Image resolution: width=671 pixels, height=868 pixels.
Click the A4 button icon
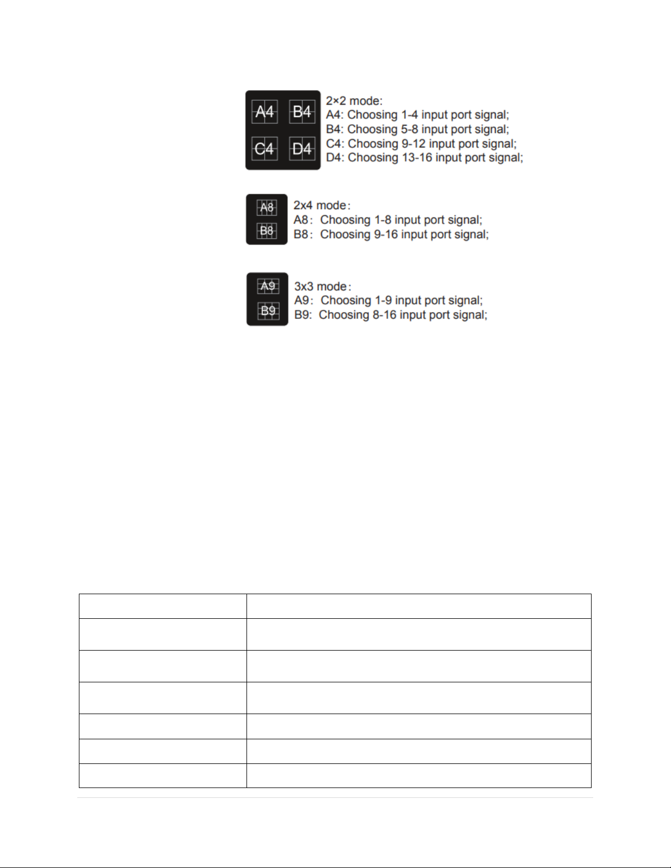(265, 112)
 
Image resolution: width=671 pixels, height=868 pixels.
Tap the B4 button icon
(302, 112)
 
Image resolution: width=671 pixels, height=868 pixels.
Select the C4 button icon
(265, 148)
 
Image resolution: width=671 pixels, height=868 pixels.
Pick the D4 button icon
(302, 148)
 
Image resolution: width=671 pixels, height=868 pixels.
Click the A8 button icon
(267, 208)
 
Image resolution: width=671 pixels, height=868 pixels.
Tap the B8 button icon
(267, 231)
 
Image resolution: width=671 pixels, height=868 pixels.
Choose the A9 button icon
(268, 286)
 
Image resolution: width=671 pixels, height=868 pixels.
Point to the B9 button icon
(268, 311)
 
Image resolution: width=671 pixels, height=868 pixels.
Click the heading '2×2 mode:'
(354, 101)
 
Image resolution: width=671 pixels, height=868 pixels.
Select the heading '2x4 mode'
(320, 205)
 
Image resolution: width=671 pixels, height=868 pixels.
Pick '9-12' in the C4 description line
(413, 143)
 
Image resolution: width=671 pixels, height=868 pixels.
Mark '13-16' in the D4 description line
(416, 158)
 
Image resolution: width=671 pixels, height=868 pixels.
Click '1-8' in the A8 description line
(383, 220)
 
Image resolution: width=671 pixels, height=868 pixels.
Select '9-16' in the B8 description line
(387, 234)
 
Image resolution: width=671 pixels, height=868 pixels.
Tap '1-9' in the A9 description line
(383, 301)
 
